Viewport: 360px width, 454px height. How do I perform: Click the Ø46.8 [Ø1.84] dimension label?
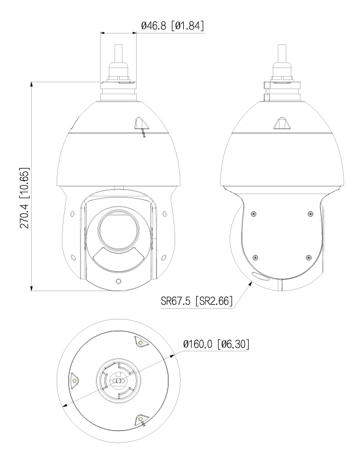coord(172,26)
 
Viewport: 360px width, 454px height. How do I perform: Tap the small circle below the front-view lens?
coord(117,281)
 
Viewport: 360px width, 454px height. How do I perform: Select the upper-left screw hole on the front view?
coord(73,214)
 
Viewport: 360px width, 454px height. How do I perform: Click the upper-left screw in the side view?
coord(254,213)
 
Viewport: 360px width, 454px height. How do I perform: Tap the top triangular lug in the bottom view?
coord(139,342)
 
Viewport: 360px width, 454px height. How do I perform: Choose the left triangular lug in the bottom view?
coord(74,380)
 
